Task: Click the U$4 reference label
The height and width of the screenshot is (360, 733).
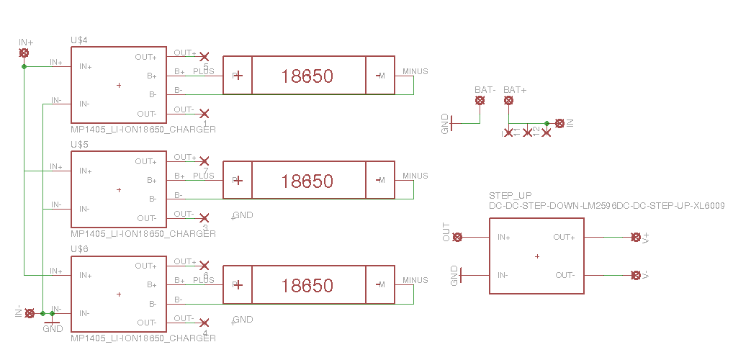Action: [79, 40]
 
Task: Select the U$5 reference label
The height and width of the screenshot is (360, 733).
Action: [79, 145]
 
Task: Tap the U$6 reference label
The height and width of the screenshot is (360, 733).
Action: [79, 249]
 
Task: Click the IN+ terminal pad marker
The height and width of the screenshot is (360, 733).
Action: [24, 53]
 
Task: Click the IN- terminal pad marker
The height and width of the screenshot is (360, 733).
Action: [30, 313]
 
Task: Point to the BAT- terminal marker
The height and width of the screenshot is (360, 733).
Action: [480, 101]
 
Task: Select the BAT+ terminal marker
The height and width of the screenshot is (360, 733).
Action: [509, 101]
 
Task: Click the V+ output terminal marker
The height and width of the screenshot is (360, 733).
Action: [635, 237]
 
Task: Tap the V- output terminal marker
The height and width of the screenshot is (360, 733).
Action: [635, 275]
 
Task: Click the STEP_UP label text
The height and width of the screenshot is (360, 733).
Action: [510, 196]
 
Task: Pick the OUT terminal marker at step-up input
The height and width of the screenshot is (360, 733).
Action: [457, 237]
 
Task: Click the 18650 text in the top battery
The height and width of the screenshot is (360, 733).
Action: [307, 76]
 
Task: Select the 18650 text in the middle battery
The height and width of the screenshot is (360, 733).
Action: [307, 180]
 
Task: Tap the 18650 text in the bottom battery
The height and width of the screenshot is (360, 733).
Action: [307, 285]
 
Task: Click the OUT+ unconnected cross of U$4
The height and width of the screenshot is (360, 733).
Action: [204, 56]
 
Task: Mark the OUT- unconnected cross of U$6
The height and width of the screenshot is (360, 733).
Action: [204, 323]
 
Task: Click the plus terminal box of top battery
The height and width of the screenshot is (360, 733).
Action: [238, 76]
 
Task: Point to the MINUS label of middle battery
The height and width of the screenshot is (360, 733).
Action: [415, 176]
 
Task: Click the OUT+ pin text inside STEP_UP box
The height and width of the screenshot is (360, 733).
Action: [564, 237]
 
